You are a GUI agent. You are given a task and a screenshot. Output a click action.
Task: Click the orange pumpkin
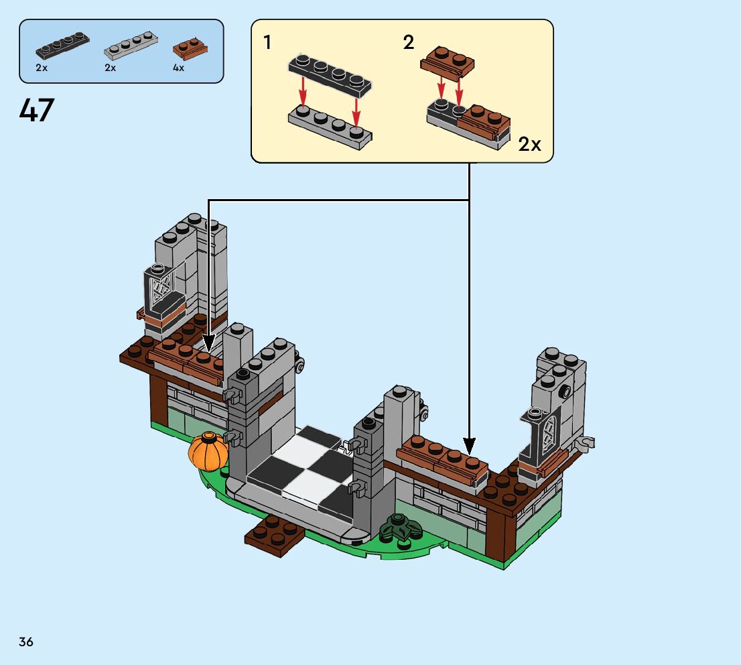pyautogui.click(x=208, y=451)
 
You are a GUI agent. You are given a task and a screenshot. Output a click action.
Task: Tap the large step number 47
pyautogui.click(x=37, y=111)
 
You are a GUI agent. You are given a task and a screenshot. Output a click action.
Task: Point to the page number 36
pyautogui.click(x=26, y=642)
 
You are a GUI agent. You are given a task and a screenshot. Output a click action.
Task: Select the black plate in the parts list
pyautogui.click(x=62, y=46)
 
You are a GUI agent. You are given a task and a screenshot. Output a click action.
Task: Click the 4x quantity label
pyautogui.click(x=178, y=68)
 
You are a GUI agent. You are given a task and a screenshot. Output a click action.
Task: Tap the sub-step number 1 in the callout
pyautogui.click(x=267, y=43)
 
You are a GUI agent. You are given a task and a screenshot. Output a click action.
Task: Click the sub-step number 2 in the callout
pyautogui.click(x=408, y=43)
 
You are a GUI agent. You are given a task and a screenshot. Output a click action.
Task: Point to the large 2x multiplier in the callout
pyautogui.click(x=529, y=144)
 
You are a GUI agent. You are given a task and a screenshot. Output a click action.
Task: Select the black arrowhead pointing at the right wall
pyautogui.click(x=469, y=446)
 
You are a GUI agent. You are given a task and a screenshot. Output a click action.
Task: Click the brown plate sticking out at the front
pyautogui.click(x=275, y=534)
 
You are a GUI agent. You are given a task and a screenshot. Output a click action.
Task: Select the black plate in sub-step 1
pyautogui.click(x=330, y=72)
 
